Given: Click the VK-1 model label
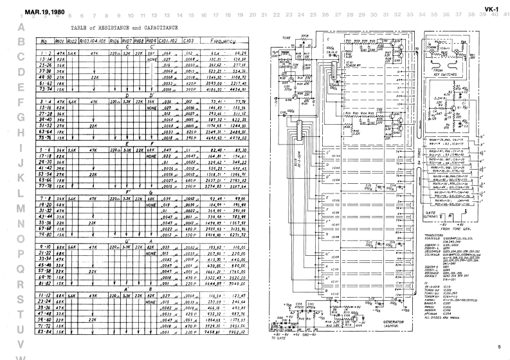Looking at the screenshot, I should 493,12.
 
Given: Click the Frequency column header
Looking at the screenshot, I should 224,40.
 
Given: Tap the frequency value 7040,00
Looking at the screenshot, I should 238,282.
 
